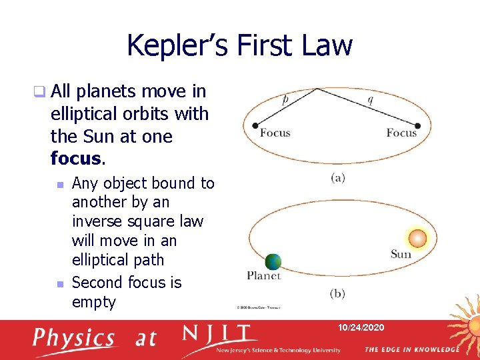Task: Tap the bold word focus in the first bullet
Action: pos(75,159)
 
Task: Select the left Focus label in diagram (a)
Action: pos(275,133)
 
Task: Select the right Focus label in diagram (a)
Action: pos(401,133)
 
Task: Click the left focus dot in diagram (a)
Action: pos(254,125)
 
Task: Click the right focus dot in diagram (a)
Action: pos(418,125)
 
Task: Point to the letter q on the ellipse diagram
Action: pos(371,100)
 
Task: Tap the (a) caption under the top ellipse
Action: pos(337,177)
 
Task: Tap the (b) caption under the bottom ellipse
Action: pos(337,293)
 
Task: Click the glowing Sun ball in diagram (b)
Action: pos(417,238)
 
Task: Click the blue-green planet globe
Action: pos(273,262)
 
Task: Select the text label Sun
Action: pos(401,254)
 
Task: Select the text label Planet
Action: pos(264,275)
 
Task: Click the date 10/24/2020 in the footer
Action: pos(360,328)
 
